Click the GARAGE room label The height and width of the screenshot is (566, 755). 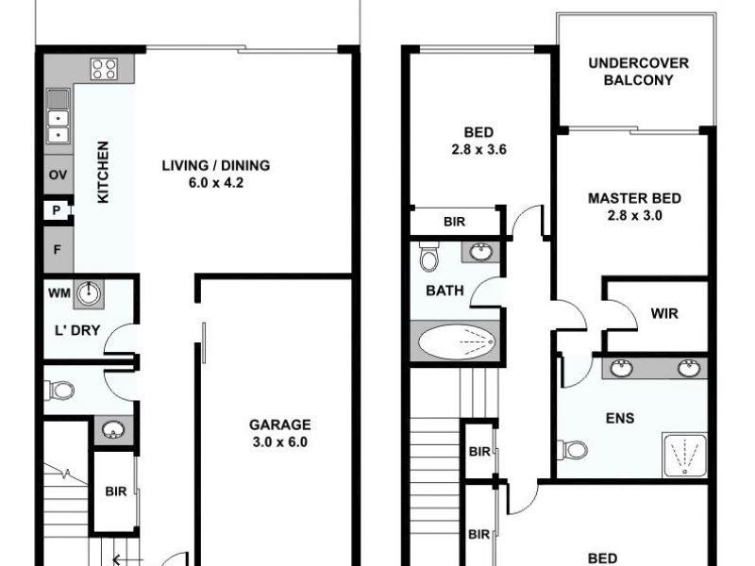(279, 424)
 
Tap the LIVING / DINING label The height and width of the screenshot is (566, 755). (215, 166)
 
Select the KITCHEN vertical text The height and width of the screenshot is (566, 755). (104, 172)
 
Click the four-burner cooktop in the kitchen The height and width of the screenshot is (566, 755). (104, 68)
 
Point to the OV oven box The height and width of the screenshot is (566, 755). (58, 175)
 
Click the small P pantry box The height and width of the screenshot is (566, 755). (57, 210)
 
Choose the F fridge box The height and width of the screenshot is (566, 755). (58, 250)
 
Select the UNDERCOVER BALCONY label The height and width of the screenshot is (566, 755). (638, 72)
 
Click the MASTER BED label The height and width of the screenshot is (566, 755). (634, 199)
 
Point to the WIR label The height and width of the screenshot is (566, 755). (664, 313)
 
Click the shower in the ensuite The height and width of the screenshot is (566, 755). (684, 455)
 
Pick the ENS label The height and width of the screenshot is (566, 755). (619, 417)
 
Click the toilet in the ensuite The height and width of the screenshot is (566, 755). (572, 449)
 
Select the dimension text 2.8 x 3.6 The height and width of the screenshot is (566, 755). (479, 148)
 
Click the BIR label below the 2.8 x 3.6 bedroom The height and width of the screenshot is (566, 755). (454, 223)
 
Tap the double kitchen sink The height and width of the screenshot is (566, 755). (58, 120)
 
